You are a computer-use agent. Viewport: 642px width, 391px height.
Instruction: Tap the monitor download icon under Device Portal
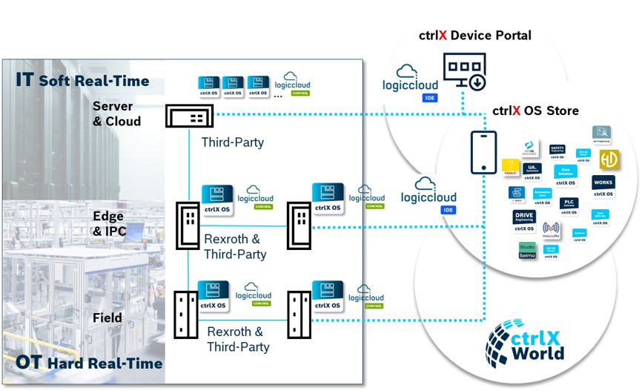(x=463, y=72)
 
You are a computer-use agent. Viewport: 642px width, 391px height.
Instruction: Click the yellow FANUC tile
(x=510, y=168)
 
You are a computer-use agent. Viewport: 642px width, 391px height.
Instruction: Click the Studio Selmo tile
(x=527, y=250)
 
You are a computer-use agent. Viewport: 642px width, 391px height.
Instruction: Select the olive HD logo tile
(x=609, y=160)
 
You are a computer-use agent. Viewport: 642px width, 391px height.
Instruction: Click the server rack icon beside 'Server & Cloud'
(x=188, y=116)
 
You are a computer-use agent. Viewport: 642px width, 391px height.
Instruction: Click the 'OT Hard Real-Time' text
(x=89, y=363)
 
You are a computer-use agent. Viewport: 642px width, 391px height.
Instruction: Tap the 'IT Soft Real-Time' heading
(x=83, y=80)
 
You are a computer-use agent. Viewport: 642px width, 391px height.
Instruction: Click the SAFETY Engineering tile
(x=557, y=152)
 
